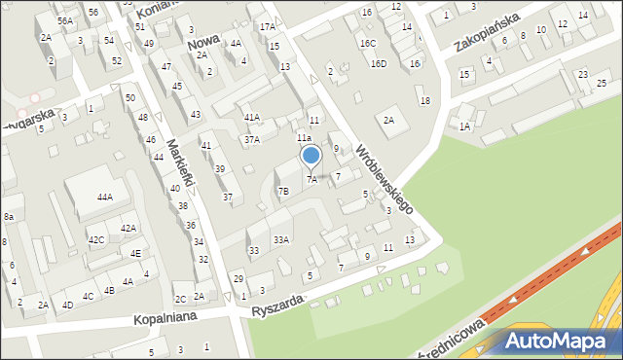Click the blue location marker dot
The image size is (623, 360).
pyautogui.click(x=311, y=156)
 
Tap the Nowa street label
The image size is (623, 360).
pyautogui.click(x=202, y=33)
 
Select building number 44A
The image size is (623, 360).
pyautogui.click(x=104, y=197)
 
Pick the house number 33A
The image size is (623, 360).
pyautogui.click(x=280, y=239)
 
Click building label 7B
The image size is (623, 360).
pyautogui.click(x=283, y=192)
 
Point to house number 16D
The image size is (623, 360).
pyautogui.click(x=379, y=63)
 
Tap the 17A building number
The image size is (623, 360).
pyautogui.click(x=267, y=26)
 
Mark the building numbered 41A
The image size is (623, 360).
pyautogui.click(x=252, y=117)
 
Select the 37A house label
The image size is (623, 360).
pyautogui.click(x=252, y=139)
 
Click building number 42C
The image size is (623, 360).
pyautogui.click(x=96, y=239)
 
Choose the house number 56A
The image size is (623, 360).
pyautogui.click(x=64, y=20)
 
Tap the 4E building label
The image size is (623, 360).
pyautogui.click(x=136, y=253)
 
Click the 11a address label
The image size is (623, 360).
pyautogui.click(x=304, y=138)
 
